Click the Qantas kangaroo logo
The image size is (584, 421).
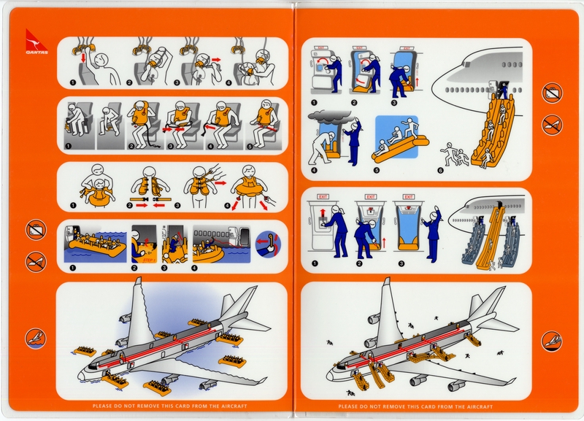pyautogui.click(x=33, y=41)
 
